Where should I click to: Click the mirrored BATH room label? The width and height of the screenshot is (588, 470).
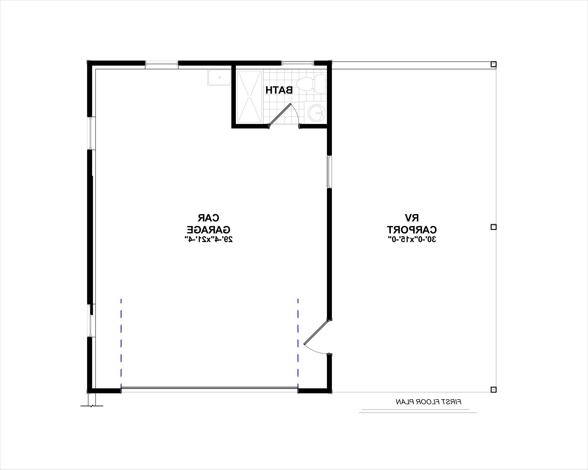(x=279, y=90)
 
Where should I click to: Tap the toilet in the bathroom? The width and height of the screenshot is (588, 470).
(x=311, y=84)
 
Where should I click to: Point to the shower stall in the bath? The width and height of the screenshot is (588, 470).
(x=250, y=96)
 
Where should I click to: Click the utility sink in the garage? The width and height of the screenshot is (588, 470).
(x=219, y=78)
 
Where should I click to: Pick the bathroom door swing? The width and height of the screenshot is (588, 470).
(x=284, y=115)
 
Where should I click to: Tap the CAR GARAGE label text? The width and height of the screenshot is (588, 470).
(x=208, y=224)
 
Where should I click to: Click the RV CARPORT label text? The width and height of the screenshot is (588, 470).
(x=412, y=224)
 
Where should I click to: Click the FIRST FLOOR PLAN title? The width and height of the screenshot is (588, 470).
(x=429, y=402)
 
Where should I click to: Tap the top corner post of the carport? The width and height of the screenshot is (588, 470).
(x=493, y=64)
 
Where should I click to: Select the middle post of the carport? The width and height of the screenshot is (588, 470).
(x=493, y=227)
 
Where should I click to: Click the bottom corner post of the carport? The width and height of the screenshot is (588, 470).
(x=493, y=390)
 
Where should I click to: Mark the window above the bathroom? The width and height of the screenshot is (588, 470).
(x=298, y=63)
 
